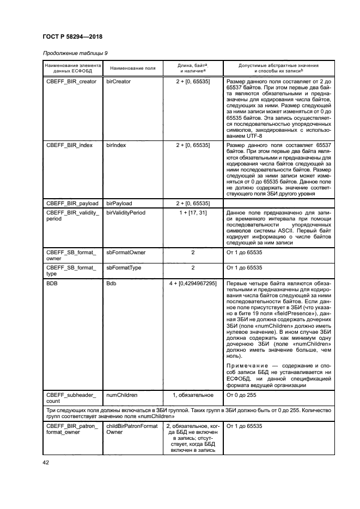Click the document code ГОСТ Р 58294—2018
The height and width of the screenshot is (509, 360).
click(72, 36)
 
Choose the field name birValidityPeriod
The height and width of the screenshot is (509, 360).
click(125, 212)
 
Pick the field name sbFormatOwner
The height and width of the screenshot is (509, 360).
click(126, 253)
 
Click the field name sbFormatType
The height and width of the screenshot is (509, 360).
click(124, 268)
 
